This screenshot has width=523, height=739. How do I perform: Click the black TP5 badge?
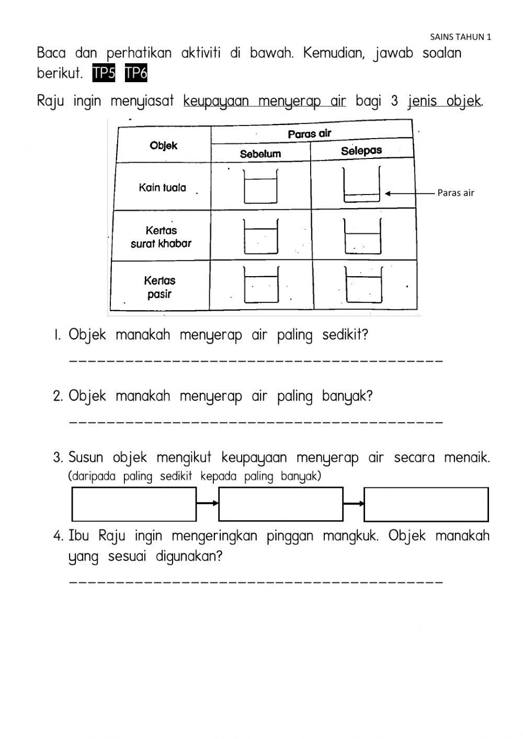point(104,73)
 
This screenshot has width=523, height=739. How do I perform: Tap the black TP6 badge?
point(136,73)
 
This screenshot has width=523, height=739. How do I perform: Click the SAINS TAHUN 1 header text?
point(460,37)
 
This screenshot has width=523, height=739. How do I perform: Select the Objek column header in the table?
point(163,145)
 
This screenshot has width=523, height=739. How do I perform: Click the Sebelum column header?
point(260,154)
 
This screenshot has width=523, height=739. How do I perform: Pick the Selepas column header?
point(361,151)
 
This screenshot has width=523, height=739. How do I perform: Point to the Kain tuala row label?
point(162,187)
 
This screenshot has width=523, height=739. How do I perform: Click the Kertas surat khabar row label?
point(161,236)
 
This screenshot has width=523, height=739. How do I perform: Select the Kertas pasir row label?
point(160,287)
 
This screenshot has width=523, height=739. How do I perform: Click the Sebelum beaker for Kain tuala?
point(260,186)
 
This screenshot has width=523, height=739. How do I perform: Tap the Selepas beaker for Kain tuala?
point(361,184)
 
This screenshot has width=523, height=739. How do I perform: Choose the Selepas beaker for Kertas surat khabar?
point(362,235)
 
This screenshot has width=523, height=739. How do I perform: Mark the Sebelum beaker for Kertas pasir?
point(261,285)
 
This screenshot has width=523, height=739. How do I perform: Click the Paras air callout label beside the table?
point(456,193)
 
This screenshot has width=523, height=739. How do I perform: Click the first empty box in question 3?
point(134,504)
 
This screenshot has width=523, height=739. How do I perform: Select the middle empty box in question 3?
point(281,504)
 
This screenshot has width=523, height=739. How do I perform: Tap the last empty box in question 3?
point(426,504)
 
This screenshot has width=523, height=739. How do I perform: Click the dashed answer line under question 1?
point(256,361)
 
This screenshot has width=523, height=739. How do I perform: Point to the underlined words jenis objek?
point(445,100)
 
